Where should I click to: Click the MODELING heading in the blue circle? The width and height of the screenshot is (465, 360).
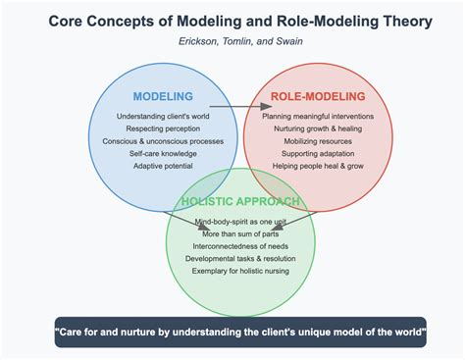tap(163, 96)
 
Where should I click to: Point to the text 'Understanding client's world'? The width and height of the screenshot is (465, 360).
tap(163, 116)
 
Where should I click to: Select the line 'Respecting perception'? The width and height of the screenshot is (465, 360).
tap(163, 129)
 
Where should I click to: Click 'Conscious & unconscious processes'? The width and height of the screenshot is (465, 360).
tap(163, 141)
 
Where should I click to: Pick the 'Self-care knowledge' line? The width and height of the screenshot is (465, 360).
tap(163, 154)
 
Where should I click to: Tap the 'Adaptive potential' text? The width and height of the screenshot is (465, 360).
tap(163, 167)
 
